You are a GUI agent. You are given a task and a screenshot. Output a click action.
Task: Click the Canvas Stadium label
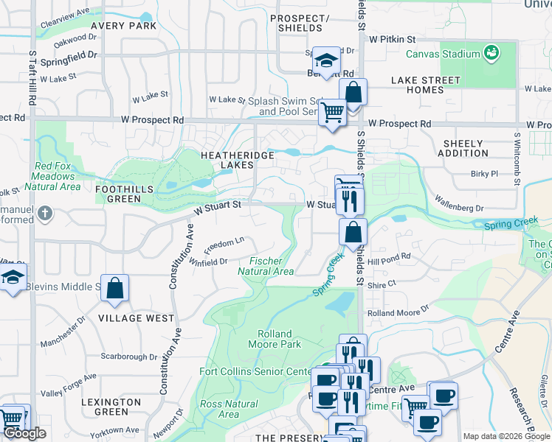tap(443, 55)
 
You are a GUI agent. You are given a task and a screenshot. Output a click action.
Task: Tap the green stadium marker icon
tap(491, 53)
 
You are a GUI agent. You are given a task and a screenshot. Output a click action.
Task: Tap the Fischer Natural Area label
tap(266, 266)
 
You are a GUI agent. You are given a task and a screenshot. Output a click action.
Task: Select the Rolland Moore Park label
tap(275, 339)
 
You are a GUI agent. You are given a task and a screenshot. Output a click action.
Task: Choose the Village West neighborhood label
tap(136, 318)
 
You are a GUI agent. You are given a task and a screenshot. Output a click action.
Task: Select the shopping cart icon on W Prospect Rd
tap(333, 113)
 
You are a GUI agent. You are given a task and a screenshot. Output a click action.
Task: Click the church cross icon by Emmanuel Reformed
tap(46, 214)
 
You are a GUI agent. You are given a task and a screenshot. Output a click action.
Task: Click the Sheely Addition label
tap(463, 148)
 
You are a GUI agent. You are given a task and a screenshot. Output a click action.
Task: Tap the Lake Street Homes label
tap(426, 85)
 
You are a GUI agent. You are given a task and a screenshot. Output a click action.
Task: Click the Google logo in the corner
tap(25, 433)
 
